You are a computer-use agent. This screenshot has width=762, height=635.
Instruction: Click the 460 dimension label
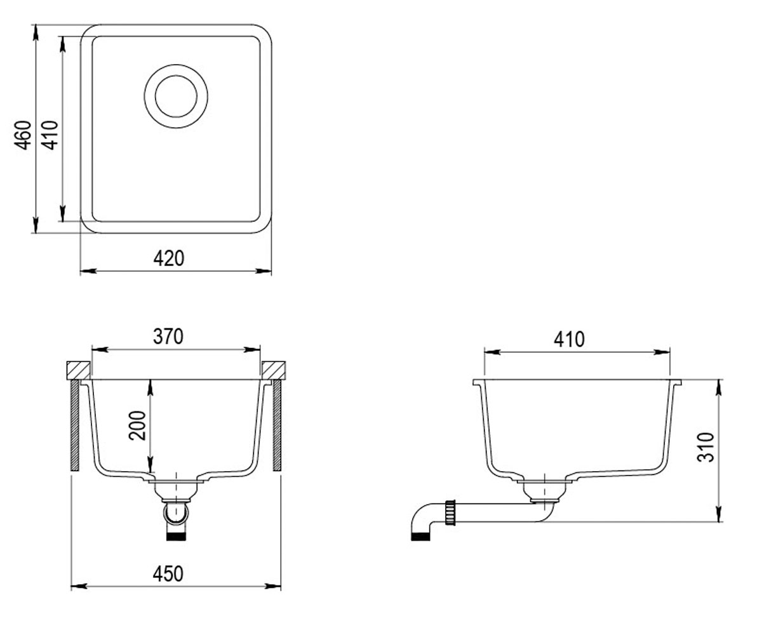(23, 135)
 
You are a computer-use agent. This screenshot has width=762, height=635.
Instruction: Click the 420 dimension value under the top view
(169, 258)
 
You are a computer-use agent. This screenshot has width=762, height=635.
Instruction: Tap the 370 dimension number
(168, 337)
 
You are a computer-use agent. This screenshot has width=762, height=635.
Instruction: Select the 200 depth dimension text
(138, 425)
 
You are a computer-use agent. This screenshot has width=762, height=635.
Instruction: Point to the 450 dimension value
(168, 573)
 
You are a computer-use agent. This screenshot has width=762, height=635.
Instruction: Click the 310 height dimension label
(705, 447)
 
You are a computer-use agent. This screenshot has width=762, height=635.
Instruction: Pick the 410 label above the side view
(569, 339)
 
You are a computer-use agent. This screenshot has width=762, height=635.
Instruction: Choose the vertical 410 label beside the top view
(50, 135)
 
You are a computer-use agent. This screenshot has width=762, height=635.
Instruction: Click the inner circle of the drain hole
(176, 76)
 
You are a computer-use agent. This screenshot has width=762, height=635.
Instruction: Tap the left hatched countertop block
(78, 370)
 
